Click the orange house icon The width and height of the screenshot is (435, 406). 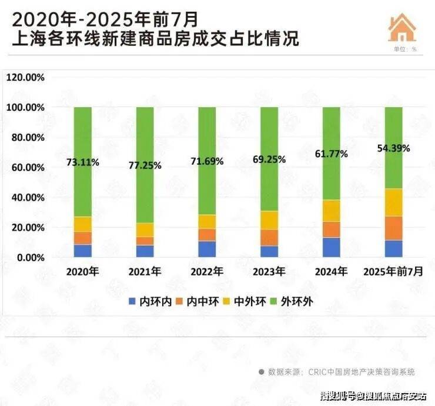coord(402,27)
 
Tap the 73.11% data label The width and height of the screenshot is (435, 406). coord(83,163)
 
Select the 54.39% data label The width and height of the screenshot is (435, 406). coord(393,148)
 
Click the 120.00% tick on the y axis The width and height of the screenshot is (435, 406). coord(25,77)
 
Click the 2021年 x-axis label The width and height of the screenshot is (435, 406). coord(145,272)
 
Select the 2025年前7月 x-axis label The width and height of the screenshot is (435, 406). coord(393,272)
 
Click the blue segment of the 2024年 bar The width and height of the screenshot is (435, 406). coord(331,248)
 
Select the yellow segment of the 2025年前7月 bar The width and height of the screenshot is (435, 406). coord(393,202)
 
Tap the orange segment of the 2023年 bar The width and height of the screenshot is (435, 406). coord(269,238)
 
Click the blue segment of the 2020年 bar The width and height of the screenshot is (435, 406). coord(83,251)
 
